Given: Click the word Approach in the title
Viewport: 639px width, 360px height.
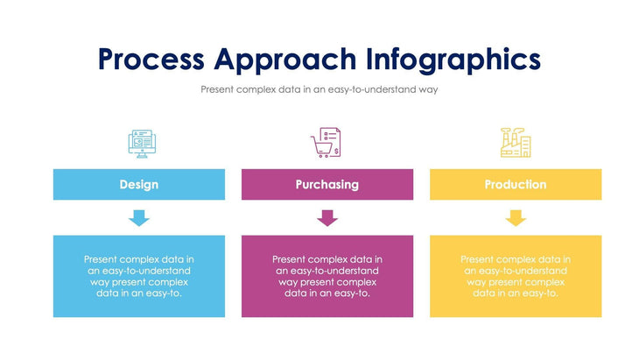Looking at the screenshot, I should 285,59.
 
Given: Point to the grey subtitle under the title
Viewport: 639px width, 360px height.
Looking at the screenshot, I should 319,89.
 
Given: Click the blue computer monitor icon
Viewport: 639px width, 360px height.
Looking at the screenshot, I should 139,143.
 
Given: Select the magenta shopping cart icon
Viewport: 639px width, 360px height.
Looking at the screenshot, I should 326,143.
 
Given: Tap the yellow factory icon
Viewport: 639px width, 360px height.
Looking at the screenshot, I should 515,142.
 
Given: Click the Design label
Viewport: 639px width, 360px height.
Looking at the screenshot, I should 139,185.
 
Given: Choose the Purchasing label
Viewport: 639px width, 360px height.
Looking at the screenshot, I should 327,185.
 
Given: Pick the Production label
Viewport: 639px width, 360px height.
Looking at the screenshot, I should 516,185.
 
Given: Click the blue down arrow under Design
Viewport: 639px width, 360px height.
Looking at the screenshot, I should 139,218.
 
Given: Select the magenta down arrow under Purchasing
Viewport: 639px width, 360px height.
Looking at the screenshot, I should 327,218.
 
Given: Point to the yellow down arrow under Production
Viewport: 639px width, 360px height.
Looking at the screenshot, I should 516,218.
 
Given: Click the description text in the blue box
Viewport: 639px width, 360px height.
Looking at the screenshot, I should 139,276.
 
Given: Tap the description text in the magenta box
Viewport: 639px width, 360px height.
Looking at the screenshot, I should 327,276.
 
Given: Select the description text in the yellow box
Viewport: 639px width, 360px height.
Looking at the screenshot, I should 516,276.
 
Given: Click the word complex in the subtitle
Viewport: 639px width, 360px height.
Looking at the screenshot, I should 257,89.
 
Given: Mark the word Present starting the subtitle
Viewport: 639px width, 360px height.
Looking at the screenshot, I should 218,89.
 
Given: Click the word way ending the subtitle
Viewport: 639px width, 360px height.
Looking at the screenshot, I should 428,90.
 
